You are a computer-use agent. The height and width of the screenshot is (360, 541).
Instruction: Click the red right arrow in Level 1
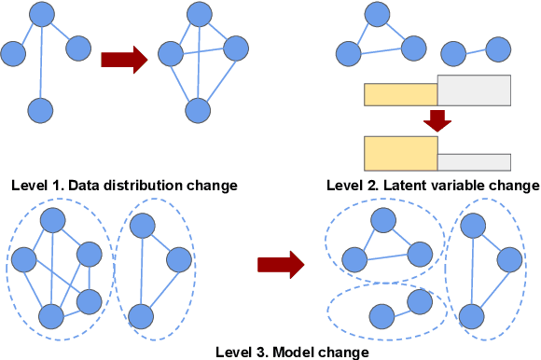point(124,61)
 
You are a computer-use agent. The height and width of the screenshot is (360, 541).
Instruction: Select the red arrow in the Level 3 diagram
point(281,264)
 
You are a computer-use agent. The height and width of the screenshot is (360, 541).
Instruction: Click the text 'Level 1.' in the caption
point(37,185)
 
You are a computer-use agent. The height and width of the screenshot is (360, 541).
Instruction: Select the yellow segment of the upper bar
point(400,93)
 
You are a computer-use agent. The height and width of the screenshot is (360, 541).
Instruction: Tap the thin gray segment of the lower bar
point(474,161)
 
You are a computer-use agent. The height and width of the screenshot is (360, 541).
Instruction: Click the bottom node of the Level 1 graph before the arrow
point(39,112)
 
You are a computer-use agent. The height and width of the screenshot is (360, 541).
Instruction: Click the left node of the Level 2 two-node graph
point(455,56)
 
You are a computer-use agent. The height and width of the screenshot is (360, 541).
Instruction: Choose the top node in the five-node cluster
point(52,220)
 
